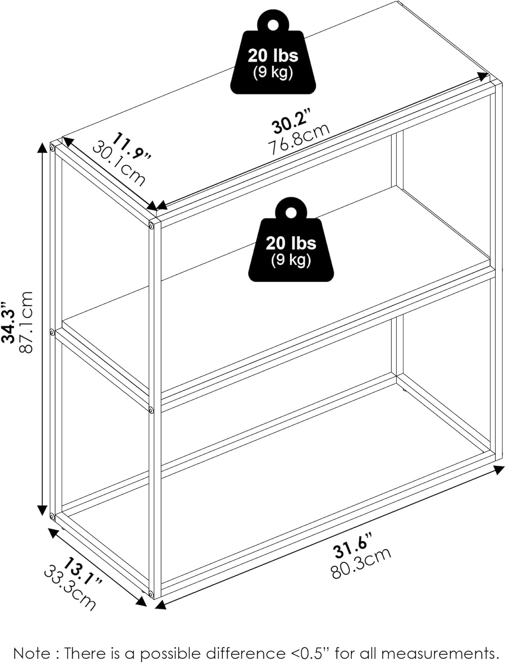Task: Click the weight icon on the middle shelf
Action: pos(291,245)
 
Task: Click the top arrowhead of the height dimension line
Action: pos(42,148)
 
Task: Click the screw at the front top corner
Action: pos(152,226)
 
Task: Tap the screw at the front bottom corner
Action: pos(151,593)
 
